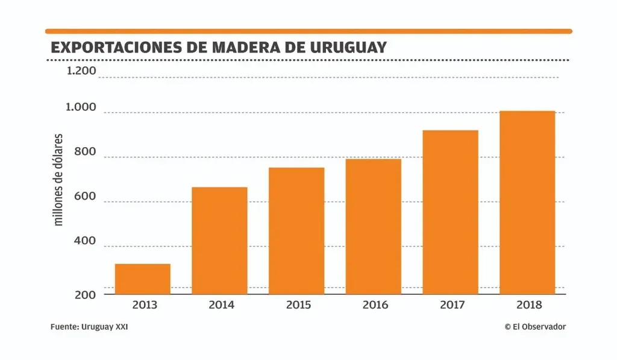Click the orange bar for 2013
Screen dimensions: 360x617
click(x=142, y=279)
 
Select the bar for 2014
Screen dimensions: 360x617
click(x=219, y=241)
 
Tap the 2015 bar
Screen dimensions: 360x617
click(x=296, y=230)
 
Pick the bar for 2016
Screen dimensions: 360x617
click(x=374, y=226)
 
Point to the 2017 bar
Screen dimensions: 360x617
click(x=451, y=212)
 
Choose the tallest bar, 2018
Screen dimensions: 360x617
click(x=527, y=203)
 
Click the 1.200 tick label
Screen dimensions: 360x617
click(x=81, y=71)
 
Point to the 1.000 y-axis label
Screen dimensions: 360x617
click(x=81, y=108)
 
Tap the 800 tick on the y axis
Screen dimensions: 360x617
click(x=86, y=152)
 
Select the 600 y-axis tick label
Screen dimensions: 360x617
click(x=86, y=197)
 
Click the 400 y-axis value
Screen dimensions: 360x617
click(x=86, y=241)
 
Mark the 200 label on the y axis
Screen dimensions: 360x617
click(x=86, y=295)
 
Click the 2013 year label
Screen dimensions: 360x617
click(x=144, y=305)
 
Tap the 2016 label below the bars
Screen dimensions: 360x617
click(x=375, y=305)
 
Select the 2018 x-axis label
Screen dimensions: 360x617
click(x=529, y=305)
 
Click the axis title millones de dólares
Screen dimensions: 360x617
click(x=58, y=180)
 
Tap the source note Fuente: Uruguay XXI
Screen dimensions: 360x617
click(x=89, y=327)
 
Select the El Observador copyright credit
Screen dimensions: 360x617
click(x=535, y=327)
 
